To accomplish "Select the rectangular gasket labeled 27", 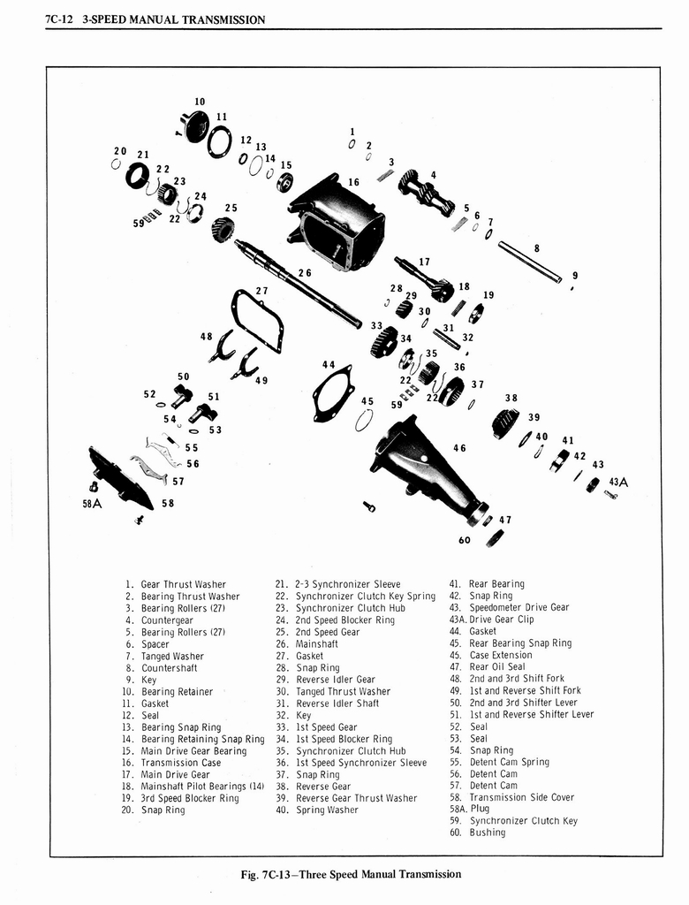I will pyautogui.click(x=257, y=319).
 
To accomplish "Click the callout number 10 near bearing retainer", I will pyautogui.click(x=200, y=102).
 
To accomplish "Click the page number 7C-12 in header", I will pyautogui.click(x=58, y=19).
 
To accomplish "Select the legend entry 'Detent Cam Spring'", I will pyautogui.click(x=509, y=762).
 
